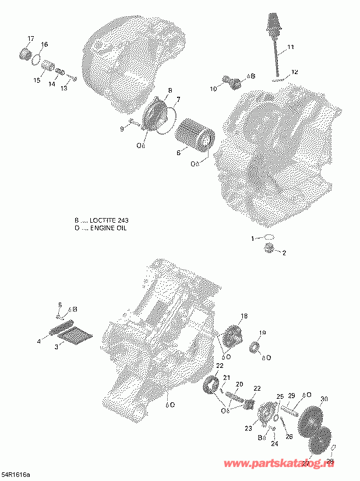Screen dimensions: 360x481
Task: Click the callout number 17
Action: pyautogui.click(x=31, y=38)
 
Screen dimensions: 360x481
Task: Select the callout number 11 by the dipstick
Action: pyautogui.click(x=291, y=47)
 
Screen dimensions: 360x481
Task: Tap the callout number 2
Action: pyautogui.click(x=284, y=252)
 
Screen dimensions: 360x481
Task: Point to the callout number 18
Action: pyautogui.click(x=243, y=316)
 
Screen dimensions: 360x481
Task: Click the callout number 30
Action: pyautogui.click(x=324, y=399)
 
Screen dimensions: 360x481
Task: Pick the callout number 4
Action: pyautogui.click(x=39, y=341)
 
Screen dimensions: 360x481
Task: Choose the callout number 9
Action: pyautogui.click(x=122, y=128)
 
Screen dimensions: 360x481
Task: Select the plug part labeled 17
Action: pyautogui.click(x=25, y=55)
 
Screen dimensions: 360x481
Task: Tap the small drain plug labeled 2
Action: pyautogui.click(x=269, y=249)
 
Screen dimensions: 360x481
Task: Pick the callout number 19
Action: pyautogui.click(x=262, y=333)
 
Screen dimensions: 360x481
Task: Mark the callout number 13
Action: pyautogui.click(x=64, y=88)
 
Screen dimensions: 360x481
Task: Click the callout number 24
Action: pyautogui.click(x=274, y=444)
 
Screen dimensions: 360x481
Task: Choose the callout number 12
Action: pyautogui.click(x=295, y=72)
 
